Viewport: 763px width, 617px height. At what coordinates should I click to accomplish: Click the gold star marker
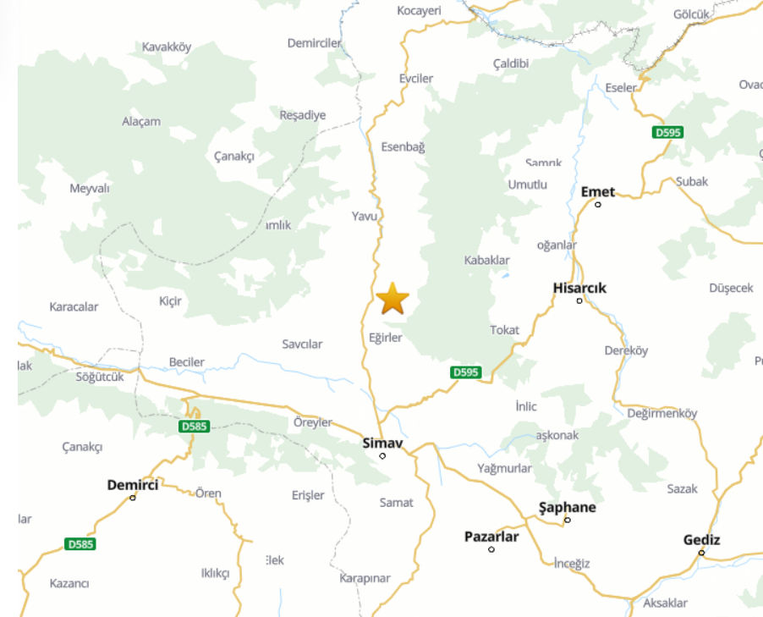392,300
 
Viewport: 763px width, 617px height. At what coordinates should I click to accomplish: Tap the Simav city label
381,443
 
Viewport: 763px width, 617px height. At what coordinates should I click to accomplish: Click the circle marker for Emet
598,204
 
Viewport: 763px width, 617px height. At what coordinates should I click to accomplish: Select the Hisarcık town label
579,288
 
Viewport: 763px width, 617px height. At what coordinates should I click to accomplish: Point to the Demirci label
133,485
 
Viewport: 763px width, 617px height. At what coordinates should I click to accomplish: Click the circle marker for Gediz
701,553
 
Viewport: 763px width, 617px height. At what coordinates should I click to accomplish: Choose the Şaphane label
567,508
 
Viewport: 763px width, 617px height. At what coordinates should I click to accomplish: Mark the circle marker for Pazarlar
491,549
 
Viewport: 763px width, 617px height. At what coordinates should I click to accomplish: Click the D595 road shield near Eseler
667,133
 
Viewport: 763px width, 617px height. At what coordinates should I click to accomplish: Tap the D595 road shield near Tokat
466,372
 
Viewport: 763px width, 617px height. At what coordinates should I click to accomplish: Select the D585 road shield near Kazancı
80,544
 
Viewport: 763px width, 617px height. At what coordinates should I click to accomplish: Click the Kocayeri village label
420,10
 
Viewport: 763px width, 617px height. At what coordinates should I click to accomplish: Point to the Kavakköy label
167,47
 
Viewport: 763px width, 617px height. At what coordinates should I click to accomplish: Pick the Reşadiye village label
303,115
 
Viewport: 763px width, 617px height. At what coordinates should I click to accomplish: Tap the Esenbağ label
403,146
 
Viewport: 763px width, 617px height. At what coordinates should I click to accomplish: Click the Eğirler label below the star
386,337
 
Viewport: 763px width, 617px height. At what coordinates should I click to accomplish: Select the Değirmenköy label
662,413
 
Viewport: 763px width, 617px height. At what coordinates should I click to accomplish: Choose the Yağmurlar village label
504,468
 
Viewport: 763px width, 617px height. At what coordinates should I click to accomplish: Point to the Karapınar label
365,578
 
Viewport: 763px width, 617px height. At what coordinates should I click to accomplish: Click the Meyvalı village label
90,188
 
